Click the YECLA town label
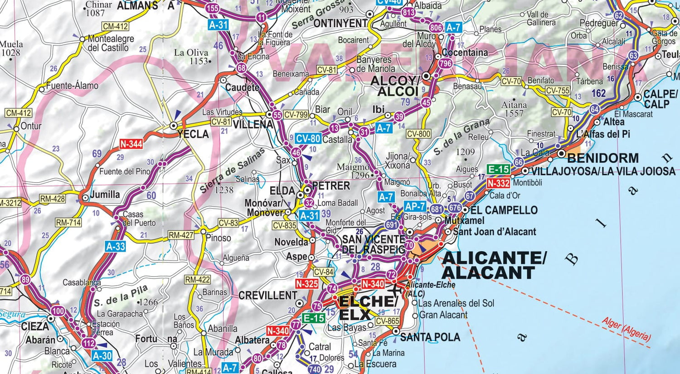[193, 134]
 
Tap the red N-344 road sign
[131, 144]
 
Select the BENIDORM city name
[603, 158]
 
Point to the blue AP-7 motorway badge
[415, 207]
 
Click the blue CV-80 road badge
[308, 139]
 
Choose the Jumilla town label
[105, 194]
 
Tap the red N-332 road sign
[498, 183]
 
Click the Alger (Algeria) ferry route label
[626, 329]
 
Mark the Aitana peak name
[514, 105]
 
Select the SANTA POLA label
[430, 337]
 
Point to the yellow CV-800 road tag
[418, 134]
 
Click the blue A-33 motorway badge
[115, 247]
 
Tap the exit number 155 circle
[212, 8]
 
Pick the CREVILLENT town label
[267, 296]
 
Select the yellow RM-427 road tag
[181, 235]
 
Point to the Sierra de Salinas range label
[232, 171]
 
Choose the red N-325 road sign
[307, 284]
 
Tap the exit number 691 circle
[392, 225]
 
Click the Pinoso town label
[219, 238]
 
